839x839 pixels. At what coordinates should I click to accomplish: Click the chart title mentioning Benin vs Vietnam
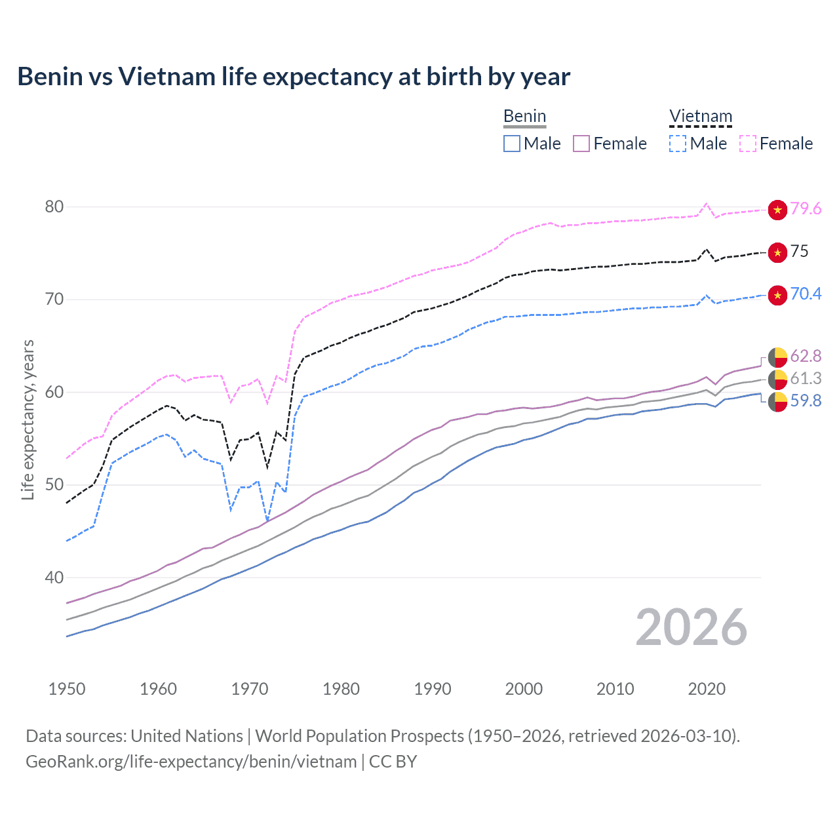[294, 77]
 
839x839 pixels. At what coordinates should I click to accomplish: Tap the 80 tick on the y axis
[54, 206]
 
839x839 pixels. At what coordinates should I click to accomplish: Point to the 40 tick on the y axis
[54, 577]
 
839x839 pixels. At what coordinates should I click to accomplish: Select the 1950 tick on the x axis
[67, 689]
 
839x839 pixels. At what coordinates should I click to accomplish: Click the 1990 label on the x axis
[433, 689]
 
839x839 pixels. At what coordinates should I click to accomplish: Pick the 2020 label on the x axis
[707, 689]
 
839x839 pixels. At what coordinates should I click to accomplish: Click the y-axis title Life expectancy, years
[28, 419]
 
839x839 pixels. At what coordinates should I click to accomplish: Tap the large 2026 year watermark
[692, 627]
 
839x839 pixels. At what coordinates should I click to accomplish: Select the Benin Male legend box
[512, 144]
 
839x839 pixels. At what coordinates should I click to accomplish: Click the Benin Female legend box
[581, 144]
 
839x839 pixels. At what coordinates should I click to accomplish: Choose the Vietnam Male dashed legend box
[678, 144]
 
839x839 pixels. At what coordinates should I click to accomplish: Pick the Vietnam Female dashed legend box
[748, 144]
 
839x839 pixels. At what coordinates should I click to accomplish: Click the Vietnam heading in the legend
[700, 117]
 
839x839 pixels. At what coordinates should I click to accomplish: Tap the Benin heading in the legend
[524, 117]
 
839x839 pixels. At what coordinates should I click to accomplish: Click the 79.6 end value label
[806, 208]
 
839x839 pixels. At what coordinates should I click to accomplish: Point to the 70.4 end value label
[806, 294]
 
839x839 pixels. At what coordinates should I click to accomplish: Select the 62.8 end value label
[806, 356]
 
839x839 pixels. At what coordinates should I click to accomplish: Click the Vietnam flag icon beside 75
[777, 252]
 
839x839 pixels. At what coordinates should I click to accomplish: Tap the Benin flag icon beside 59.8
[777, 402]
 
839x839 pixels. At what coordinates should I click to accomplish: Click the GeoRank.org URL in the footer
[191, 762]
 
